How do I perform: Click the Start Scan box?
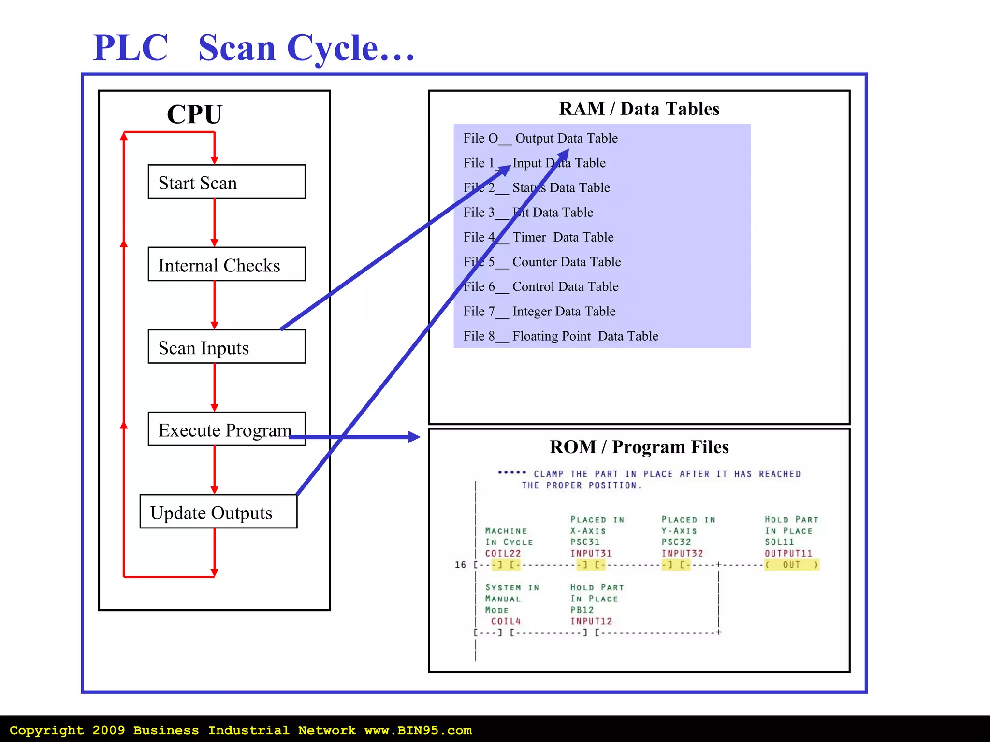click(x=226, y=182)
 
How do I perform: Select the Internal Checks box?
click(x=226, y=264)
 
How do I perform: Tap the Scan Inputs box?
click(x=226, y=347)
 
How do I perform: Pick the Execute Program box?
click(x=226, y=429)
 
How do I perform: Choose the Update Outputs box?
click(x=218, y=512)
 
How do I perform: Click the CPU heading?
click(x=194, y=114)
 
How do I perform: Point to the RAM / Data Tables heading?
click(x=639, y=109)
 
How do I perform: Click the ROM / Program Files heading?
click(x=639, y=447)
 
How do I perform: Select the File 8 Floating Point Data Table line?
click(x=561, y=336)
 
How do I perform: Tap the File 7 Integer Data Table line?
click(x=539, y=312)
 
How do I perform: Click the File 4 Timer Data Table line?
click(x=539, y=237)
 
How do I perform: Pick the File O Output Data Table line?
click(x=540, y=139)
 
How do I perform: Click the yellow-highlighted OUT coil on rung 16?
click(x=791, y=565)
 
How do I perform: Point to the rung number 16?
click(x=460, y=565)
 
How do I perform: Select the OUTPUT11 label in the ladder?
click(x=788, y=554)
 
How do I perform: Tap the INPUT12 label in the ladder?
click(x=591, y=621)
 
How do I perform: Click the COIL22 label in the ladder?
click(x=503, y=554)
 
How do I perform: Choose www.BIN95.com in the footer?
click(x=418, y=730)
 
